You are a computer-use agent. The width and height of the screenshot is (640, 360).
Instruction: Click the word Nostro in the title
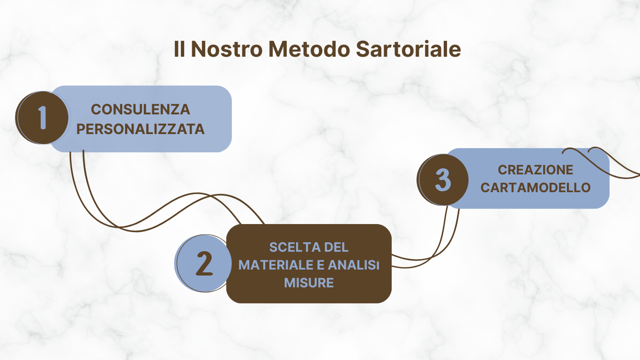[227, 49]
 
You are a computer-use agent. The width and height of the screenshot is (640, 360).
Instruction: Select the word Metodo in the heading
[309, 49]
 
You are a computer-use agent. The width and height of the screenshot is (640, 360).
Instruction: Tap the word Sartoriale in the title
[408, 49]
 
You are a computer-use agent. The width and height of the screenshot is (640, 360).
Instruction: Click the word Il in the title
[179, 49]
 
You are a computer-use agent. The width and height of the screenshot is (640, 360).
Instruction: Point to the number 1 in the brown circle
[42, 118]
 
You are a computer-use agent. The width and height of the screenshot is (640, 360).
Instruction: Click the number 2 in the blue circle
[204, 263]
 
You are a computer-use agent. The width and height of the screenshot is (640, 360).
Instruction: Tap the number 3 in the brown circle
[443, 180]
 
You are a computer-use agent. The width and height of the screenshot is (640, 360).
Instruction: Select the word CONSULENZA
[140, 110]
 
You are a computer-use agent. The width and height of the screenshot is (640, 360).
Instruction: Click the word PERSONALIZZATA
[140, 129]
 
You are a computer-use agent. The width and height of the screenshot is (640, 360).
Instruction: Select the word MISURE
[309, 283]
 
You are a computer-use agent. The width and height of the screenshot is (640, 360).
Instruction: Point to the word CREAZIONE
[536, 170]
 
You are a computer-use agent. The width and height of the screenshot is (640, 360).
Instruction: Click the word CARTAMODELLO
[536, 187]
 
